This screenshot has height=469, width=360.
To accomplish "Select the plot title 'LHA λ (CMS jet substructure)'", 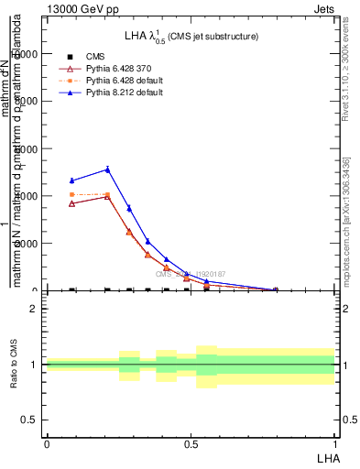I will point(191,36).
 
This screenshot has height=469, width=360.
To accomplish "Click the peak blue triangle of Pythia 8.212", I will point(107,169).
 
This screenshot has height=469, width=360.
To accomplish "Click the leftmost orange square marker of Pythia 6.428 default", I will point(72,194).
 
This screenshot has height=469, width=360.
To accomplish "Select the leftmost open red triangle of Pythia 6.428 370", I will point(72,203).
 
